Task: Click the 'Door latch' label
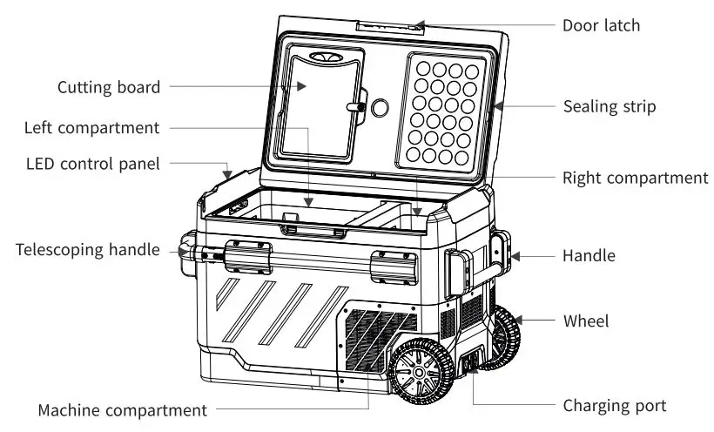602,25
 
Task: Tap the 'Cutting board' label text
109,87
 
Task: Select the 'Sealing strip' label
610,107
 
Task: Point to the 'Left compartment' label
92,128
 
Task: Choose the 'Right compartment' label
635,178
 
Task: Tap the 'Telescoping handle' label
87,250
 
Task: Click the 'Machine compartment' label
122,409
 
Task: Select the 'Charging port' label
614,406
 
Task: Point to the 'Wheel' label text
586,321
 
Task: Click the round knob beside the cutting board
380,107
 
